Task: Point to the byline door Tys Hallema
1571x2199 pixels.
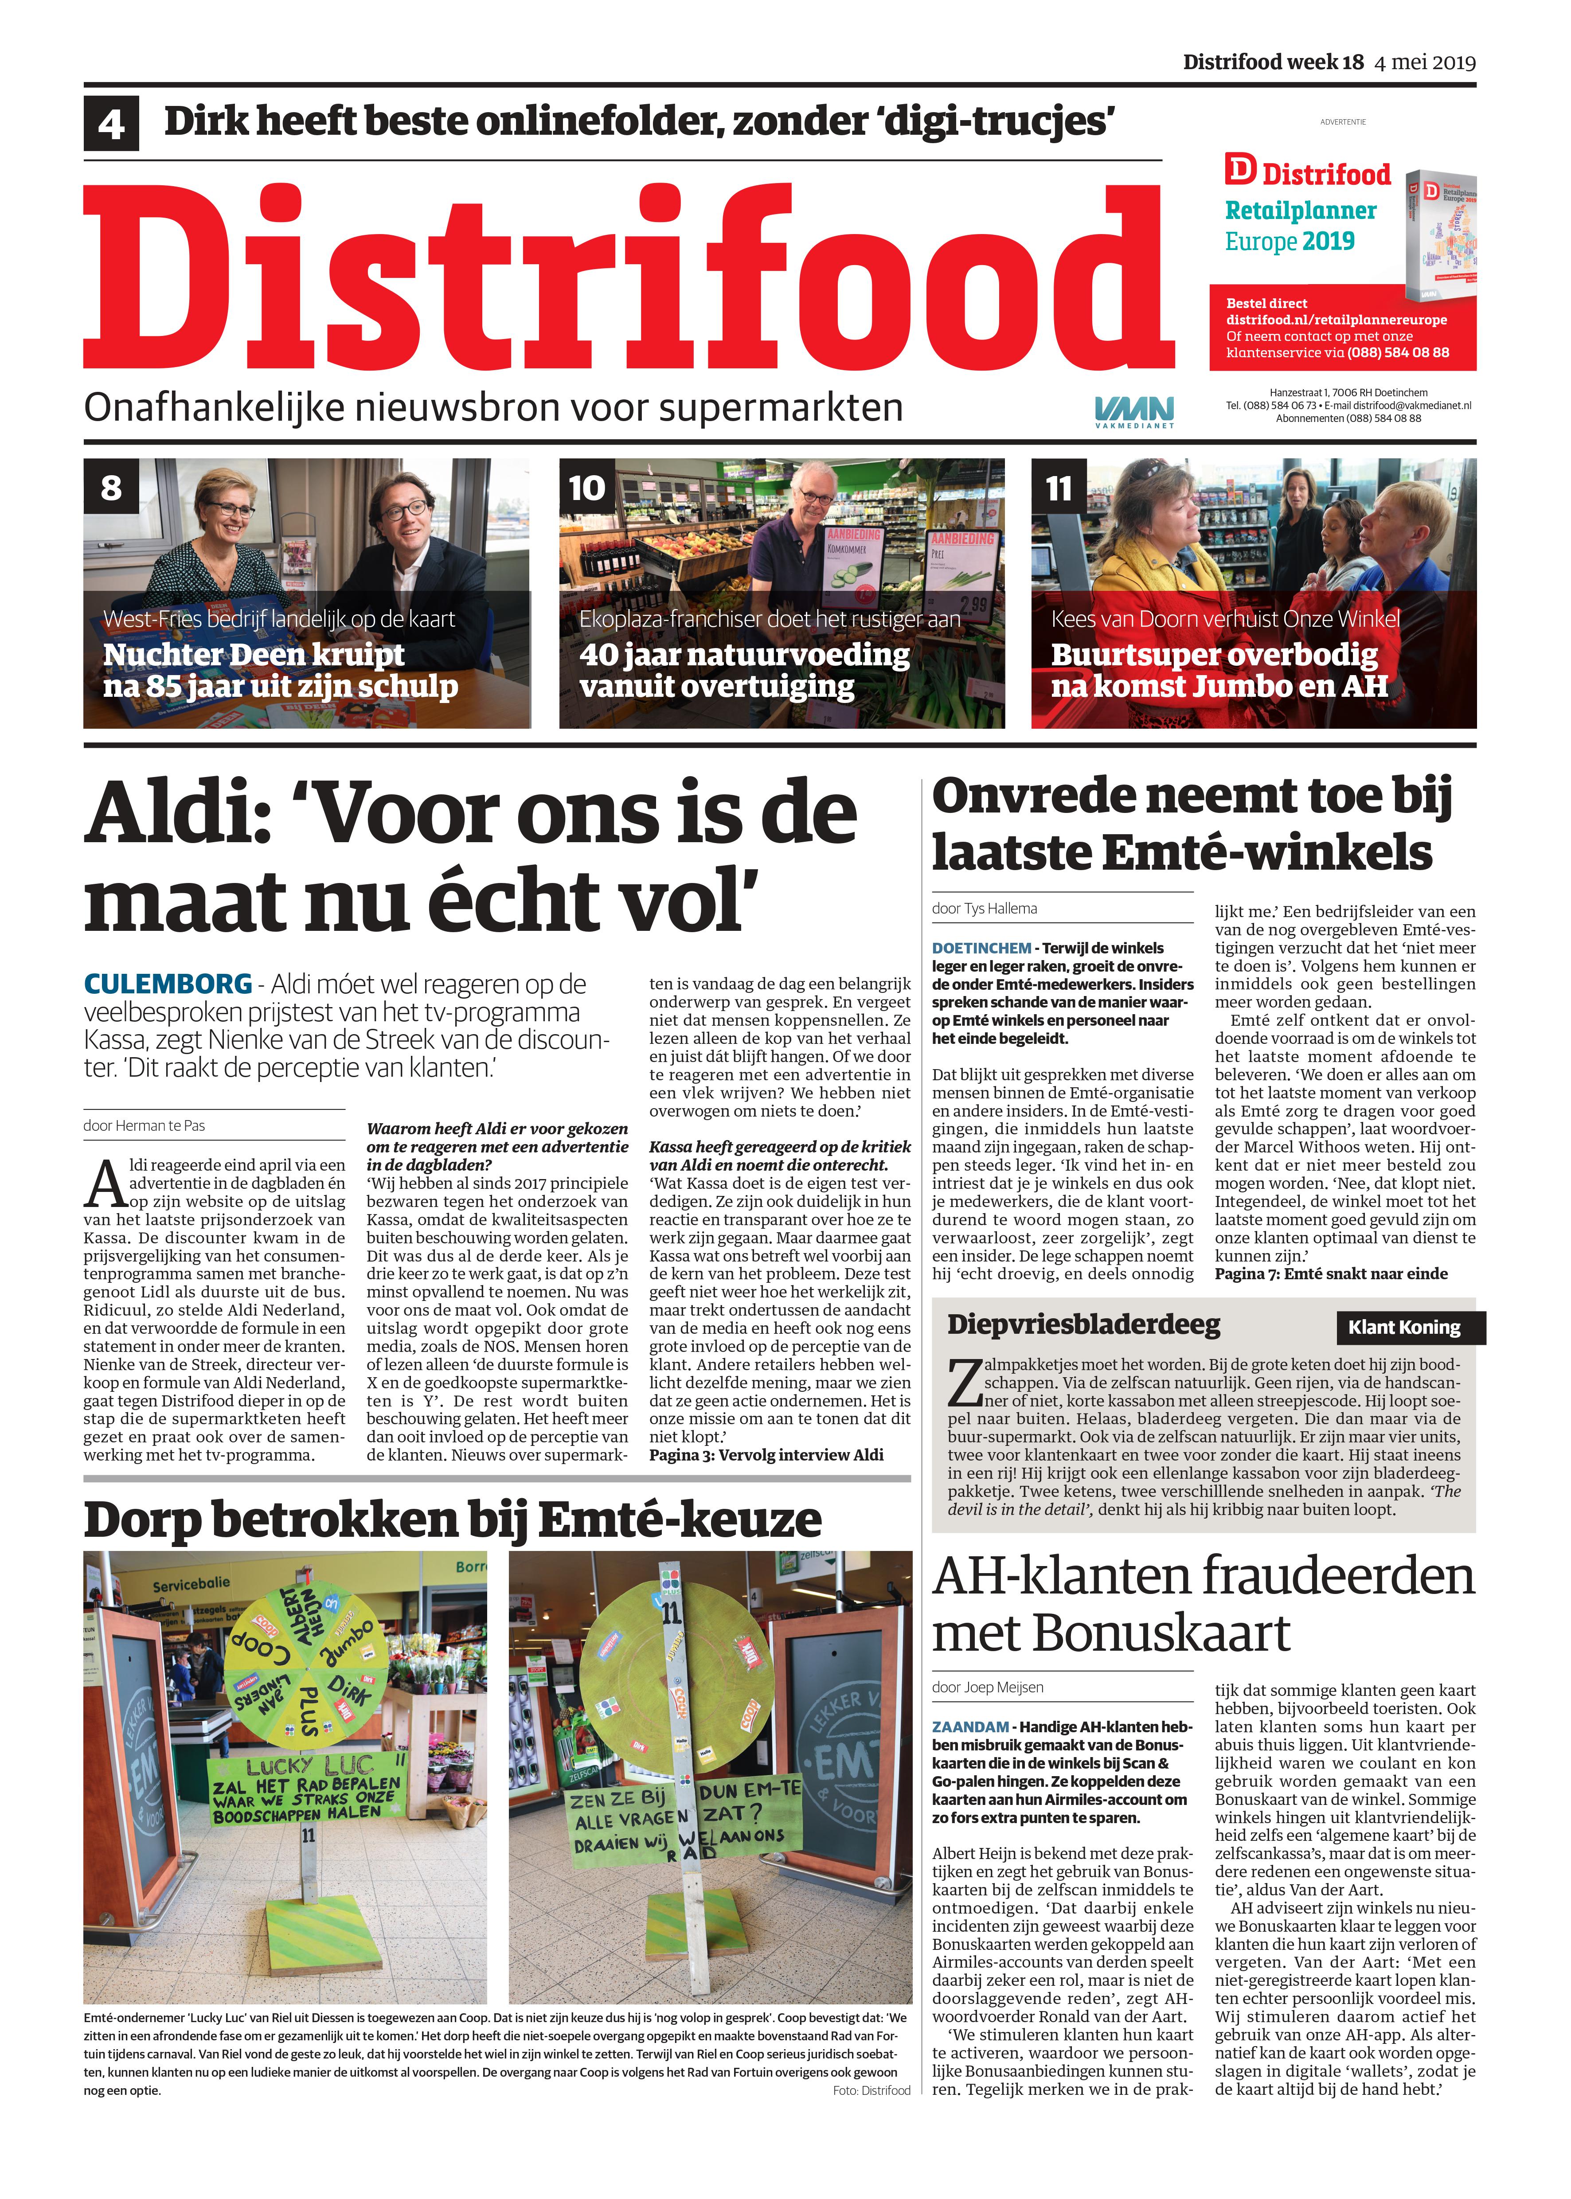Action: [x=984, y=908]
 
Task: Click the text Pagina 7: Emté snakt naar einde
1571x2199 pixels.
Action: [x=1331, y=1273]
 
